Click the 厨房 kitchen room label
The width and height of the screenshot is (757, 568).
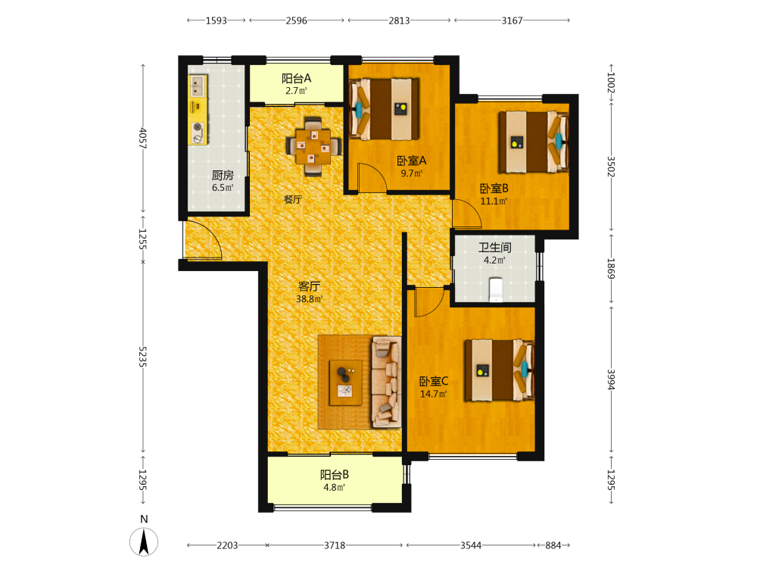tap(223, 175)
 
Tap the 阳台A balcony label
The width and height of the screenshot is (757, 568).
tap(297, 78)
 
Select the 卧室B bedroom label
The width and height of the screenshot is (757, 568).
tap(494, 189)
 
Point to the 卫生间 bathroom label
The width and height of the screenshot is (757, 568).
tap(495, 248)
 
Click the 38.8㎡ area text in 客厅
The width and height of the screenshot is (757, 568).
tap(310, 299)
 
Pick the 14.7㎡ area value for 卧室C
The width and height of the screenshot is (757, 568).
tap(434, 394)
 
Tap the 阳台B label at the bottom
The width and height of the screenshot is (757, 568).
tap(335, 475)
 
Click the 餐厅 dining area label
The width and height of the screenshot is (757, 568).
tap(292, 199)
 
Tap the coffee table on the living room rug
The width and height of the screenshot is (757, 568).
tap(346, 382)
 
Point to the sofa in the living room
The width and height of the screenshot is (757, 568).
tap(386, 382)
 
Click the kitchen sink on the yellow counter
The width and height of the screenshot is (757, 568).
tap(198, 86)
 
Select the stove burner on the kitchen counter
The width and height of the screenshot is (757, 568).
tap(198, 127)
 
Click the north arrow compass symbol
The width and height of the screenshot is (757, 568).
tap(144, 541)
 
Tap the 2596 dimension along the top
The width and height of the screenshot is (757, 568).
tap(297, 20)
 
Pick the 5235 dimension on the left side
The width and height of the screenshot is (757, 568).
tap(142, 357)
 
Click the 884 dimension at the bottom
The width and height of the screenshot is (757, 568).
tap(553, 545)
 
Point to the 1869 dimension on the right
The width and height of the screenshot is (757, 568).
tap(611, 269)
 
